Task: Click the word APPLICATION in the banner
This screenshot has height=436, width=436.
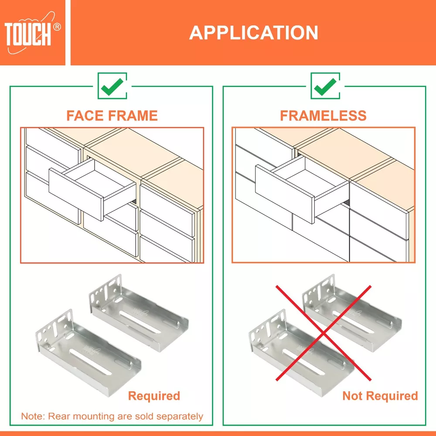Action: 254,33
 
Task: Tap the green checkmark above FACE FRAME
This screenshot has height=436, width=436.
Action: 112,86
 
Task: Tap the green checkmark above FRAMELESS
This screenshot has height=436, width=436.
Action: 325,86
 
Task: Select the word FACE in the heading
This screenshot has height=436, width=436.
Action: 85,116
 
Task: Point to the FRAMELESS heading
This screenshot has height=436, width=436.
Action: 323,116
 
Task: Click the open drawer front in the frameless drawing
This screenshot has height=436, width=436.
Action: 285,194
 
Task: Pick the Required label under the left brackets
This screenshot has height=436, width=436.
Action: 154,396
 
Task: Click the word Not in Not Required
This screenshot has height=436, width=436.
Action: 353,396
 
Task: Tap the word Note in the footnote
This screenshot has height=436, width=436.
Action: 33,416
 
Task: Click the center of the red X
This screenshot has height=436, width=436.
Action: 324,333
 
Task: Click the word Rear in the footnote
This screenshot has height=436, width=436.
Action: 59,416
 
